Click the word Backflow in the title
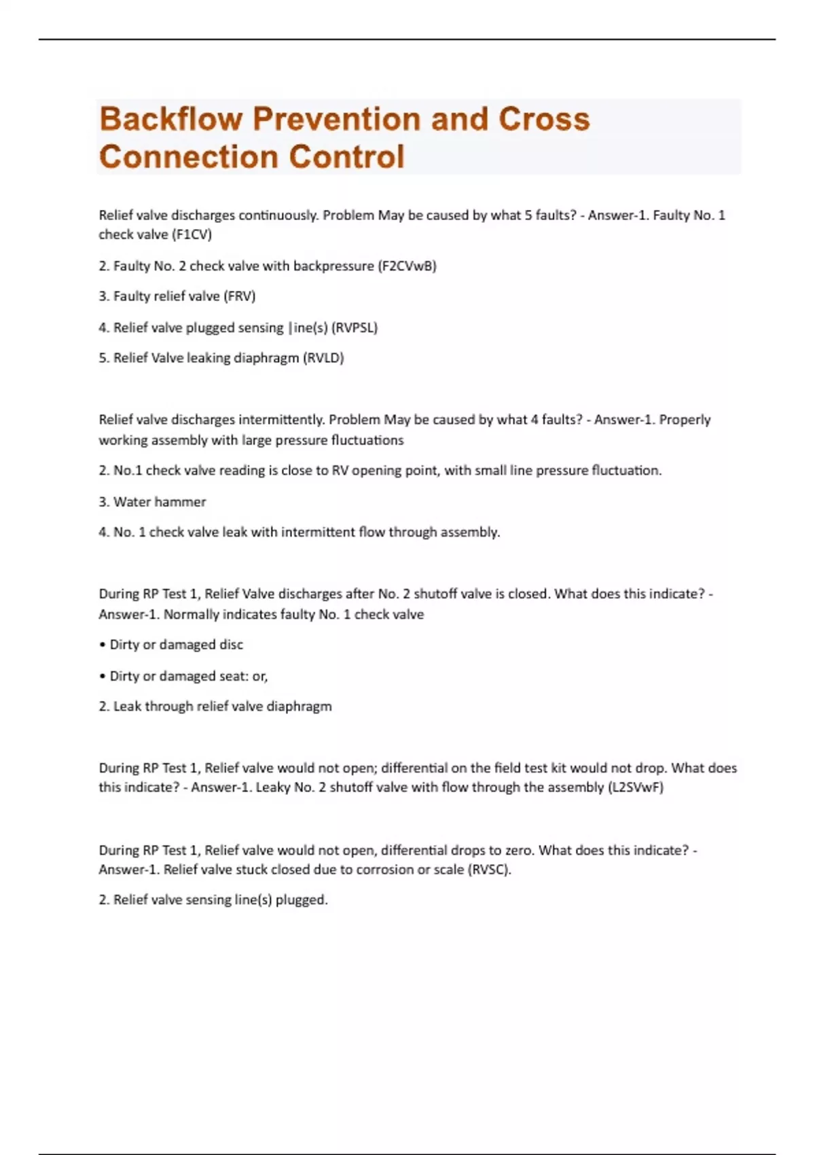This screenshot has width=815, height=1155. point(170,119)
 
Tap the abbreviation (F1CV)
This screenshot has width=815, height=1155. point(192,234)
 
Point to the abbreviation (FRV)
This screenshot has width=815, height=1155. point(239,296)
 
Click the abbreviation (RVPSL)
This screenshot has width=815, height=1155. point(354,327)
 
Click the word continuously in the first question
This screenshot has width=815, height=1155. point(278,215)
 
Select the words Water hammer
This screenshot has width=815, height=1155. point(160,502)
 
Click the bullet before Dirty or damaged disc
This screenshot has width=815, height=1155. point(103,645)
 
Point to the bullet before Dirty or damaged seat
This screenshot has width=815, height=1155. point(103,676)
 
